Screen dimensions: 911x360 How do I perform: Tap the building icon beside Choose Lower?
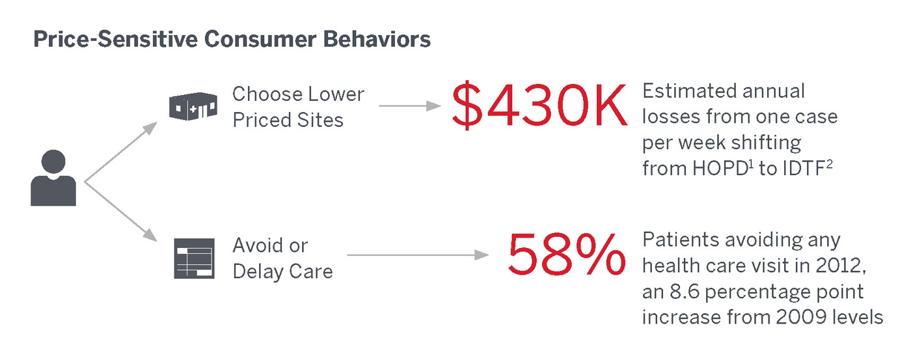pos(193,106)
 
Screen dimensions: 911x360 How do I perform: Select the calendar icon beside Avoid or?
pos(195,258)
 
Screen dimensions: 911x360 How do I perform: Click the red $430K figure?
pos(539,105)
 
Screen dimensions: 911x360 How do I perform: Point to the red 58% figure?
pos(567,255)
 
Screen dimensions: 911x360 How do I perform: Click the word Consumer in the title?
pos(260,40)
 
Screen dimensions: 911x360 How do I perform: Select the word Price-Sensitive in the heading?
pos(115,40)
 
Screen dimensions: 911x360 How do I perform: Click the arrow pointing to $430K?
pos(410,105)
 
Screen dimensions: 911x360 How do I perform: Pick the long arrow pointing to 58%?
pos(418,255)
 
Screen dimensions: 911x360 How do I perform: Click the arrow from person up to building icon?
pos(121,152)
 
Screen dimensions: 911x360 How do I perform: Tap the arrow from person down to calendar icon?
pos(121,212)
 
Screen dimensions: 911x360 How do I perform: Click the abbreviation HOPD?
pos(720,169)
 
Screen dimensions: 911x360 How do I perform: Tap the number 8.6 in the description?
pos(685,292)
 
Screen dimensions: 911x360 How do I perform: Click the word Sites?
pos(320,120)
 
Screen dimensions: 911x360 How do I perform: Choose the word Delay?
pos(258,272)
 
